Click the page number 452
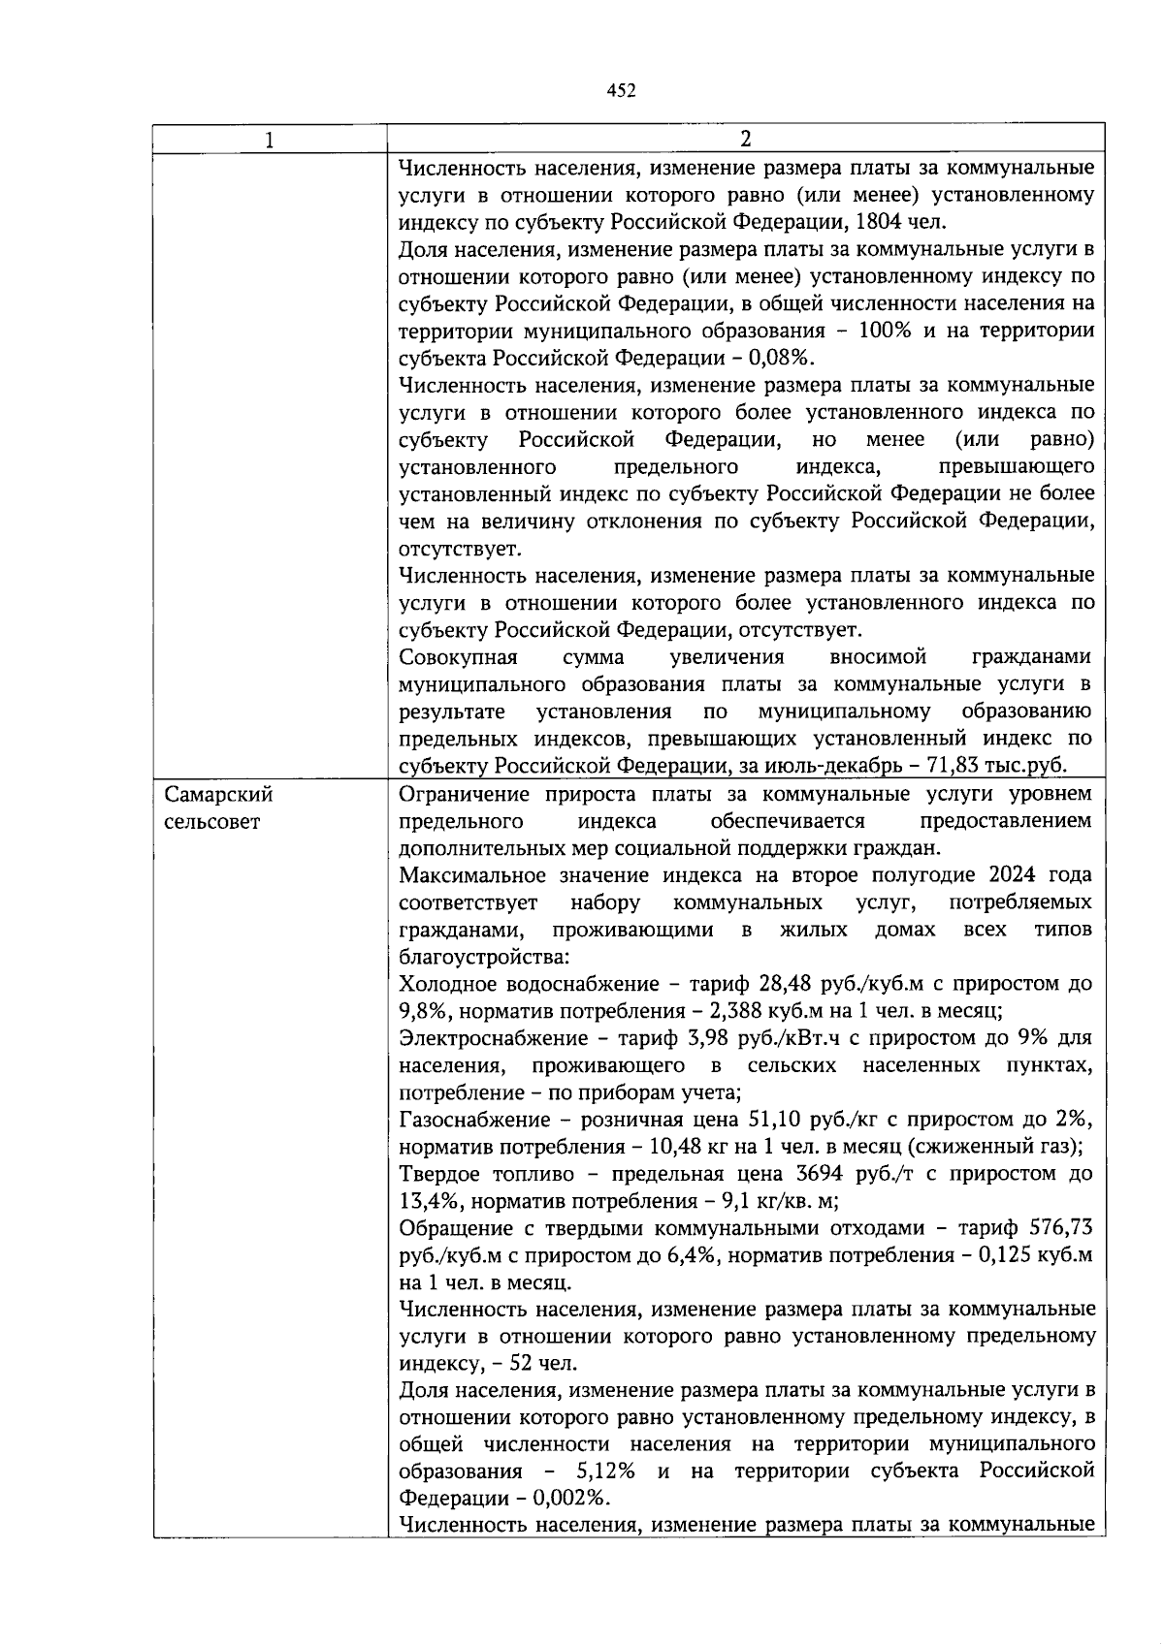[621, 90]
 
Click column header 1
[270, 140]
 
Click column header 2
[745, 140]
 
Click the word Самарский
[218, 795]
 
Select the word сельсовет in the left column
[211, 822]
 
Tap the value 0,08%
[782, 358]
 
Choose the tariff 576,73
[1062, 1228]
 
